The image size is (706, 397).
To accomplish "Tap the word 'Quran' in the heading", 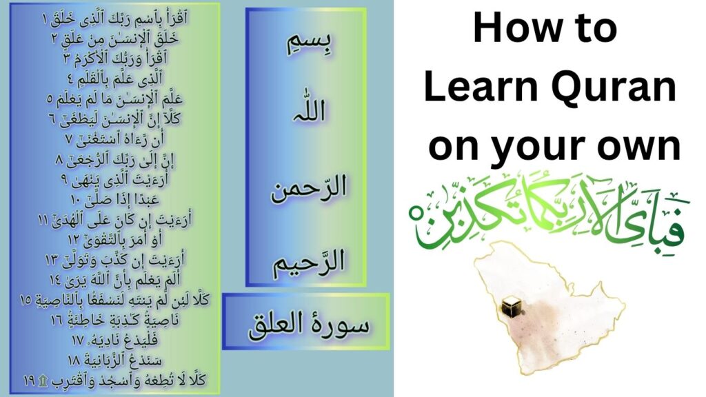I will [610, 88].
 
